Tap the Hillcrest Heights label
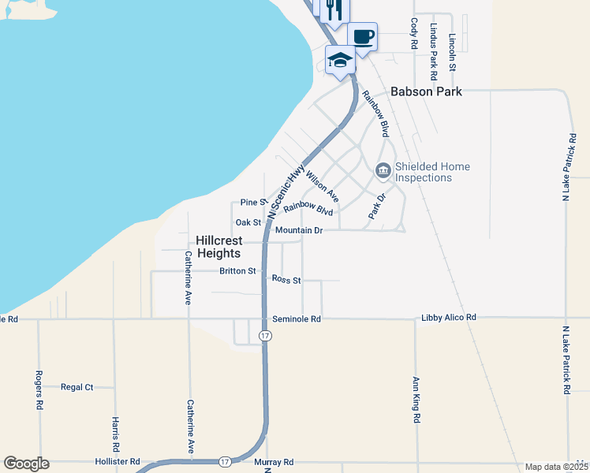[x=218, y=247]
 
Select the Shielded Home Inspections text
[x=432, y=172]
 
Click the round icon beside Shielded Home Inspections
[x=383, y=170]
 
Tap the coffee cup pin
[x=363, y=36]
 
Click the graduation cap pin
[x=340, y=60]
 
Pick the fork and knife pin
[x=334, y=9]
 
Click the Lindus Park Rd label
[x=433, y=51]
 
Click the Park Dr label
[x=377, y=206]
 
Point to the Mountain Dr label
[x=299, y=230]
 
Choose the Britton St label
[x=238, y=271]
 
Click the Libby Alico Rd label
[x=449, y=317]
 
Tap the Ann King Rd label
[x=416, y=400]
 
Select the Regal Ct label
[x=77, y=387]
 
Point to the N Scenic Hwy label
[x=286, y=192]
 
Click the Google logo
[x=27, y=464]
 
